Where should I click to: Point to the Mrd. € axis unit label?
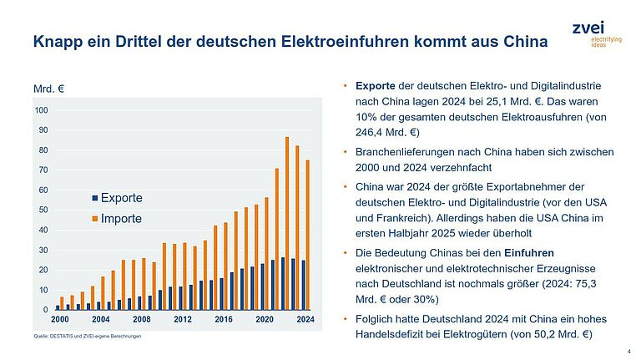(x=49, y=89)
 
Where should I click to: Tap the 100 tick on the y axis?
(x=42, y=110)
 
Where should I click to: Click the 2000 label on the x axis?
(x=60, y=320)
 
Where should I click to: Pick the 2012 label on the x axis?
(x=182, y=320)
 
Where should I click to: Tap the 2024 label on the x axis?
(x=305, y=320)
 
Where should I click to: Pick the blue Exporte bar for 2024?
(x=302, y=285)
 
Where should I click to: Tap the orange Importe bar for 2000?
(x=62, y=303)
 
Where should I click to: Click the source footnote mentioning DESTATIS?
(x=85, y=336)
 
